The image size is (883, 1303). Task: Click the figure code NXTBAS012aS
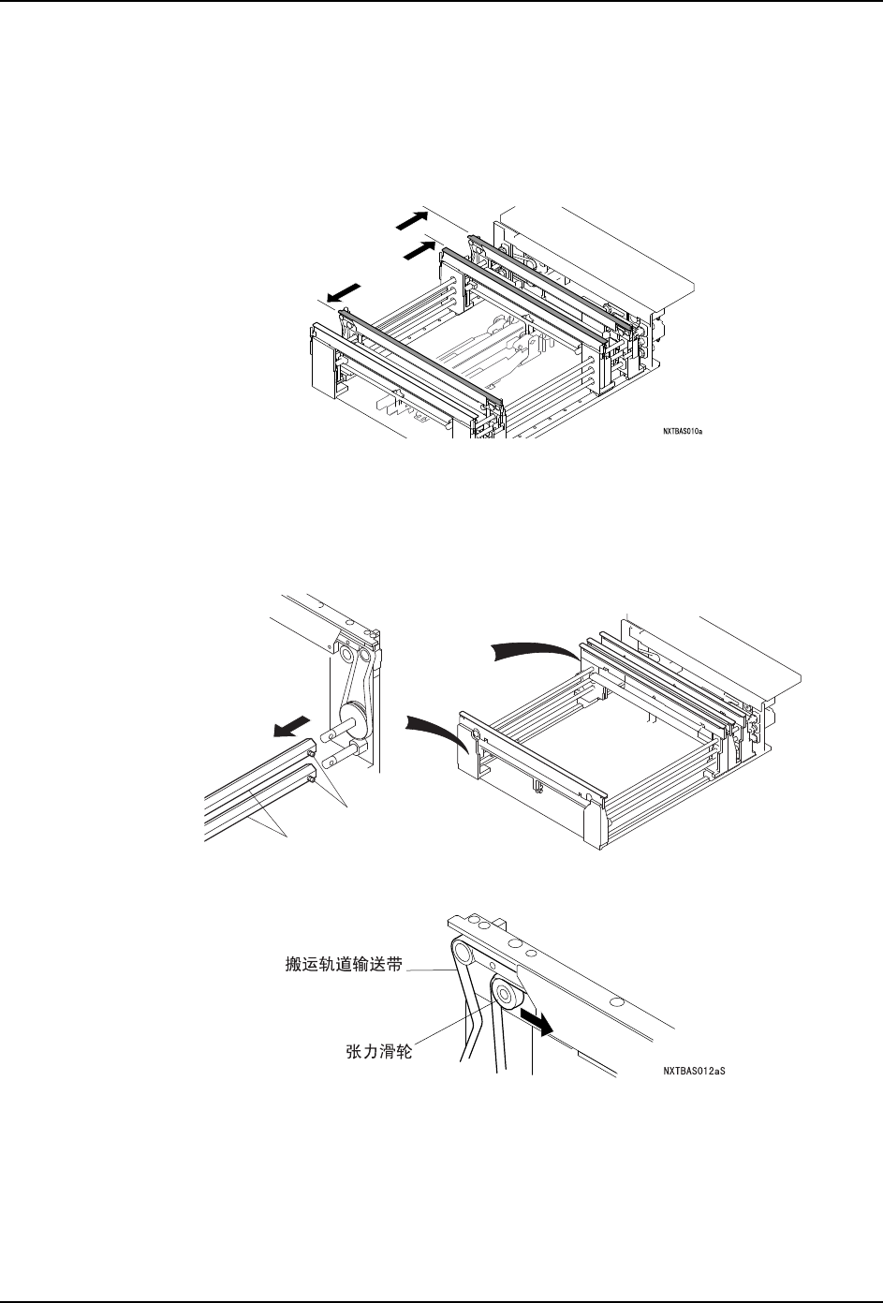pos(694,1068)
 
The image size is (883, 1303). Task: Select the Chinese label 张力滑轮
pos(374,1052)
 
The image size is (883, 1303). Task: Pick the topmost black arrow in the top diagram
pos(409,218)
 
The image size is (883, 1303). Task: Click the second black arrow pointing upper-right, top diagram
pos(419,249)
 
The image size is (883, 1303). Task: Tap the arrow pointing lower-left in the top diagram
pos(344,293)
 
